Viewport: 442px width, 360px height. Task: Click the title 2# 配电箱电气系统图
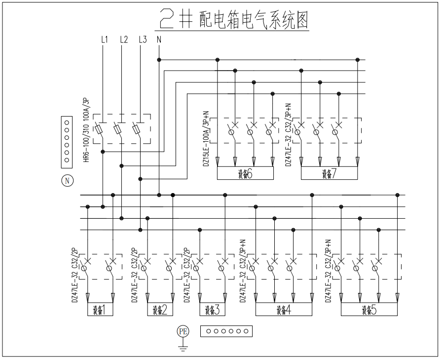[235, 19]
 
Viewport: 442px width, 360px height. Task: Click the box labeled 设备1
[100, 310]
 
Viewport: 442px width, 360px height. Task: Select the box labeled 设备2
[159, 310]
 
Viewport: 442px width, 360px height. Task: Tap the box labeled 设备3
[212, 310]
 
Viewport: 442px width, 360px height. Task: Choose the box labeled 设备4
[284, 310]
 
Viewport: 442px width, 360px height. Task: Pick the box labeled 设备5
[369, 310]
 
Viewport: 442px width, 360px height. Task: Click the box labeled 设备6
[245, 173]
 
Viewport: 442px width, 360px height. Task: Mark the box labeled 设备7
[329, 173]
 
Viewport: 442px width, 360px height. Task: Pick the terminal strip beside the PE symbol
[226, 331]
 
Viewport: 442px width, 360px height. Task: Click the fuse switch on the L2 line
[117, 129]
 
